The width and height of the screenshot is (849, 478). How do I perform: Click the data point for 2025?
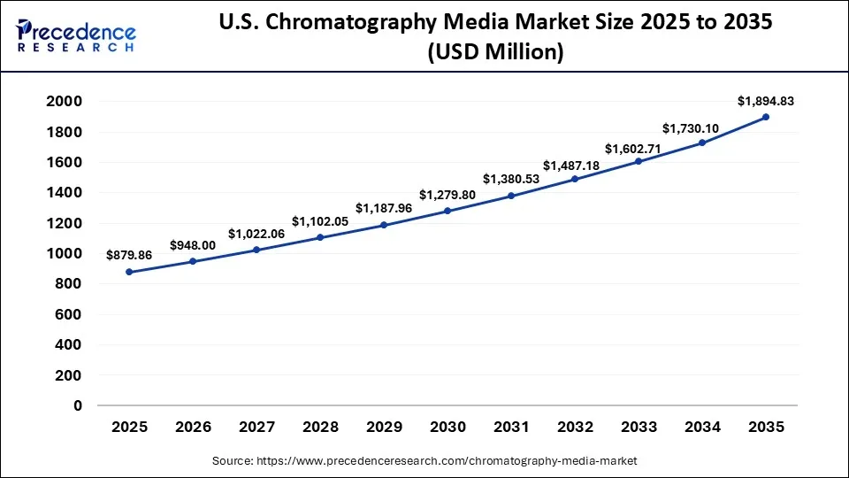(x=129, y=272)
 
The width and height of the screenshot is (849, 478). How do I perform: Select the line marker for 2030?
(x=447, y=211)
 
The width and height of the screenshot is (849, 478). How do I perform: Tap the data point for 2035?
(x=766, y=117)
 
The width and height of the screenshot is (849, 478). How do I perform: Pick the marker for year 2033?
(x=639, y=161)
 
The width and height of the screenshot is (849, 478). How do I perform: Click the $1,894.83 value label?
(x=766, y=101)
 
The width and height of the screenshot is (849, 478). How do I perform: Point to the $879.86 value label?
(x=129, y=255)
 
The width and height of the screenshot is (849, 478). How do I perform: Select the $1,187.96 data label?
(x=384, y=208)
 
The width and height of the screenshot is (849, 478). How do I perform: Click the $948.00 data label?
(x=193, y=245)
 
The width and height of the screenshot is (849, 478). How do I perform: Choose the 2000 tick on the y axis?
(x=65, y=102)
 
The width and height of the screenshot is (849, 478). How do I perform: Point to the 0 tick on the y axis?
(x=78, y=405)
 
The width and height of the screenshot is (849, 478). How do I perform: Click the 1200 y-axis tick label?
(x=65, y=223)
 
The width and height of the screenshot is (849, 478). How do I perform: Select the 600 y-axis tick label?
(x=69, y=314)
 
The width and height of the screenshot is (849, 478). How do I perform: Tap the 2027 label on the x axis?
(x=256, y=428)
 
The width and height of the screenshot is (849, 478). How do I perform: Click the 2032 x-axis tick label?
(x=575, y=428)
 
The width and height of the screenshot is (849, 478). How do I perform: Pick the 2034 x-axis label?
(x=702, y=428)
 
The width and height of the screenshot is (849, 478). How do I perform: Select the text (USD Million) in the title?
(x=495, y=52)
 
